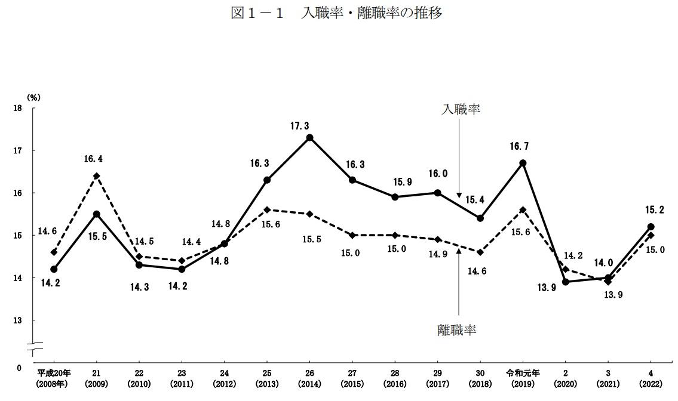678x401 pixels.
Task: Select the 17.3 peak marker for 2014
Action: point(309,138)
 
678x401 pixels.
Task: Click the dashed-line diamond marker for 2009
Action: point(97,176)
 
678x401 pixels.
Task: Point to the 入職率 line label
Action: point(461,109)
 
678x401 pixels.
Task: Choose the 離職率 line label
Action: point(457,329)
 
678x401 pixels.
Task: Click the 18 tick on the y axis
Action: point(17,108)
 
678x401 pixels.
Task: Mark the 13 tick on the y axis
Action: point(17,320)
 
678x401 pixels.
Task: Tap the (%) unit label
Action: point(32,96)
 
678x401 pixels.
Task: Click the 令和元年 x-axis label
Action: point(523,373)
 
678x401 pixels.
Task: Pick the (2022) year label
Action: point(651,384)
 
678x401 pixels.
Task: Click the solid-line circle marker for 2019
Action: point(523,163)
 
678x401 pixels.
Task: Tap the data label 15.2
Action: point(654,210)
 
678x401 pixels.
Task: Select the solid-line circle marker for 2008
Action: point(54,269)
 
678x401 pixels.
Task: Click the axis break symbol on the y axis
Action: point(35,345)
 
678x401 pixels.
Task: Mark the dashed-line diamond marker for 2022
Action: point(651,235)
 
